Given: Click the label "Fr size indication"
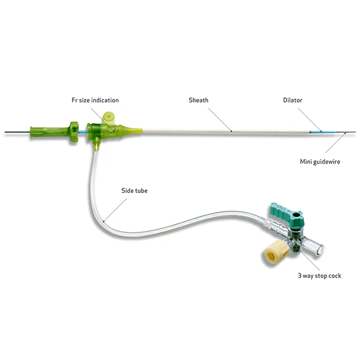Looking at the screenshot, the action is point(95,100).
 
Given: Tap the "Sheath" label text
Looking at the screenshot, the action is point(199,100).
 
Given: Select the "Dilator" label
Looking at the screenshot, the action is point(292,100).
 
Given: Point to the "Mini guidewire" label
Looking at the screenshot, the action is point(320,161).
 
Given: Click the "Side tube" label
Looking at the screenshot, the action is point(134,191).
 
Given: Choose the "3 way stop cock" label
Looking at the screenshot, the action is point(319,276).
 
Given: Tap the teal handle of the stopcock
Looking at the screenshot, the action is point(287,214).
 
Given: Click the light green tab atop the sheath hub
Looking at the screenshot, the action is point(109,118).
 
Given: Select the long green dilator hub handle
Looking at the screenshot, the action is point(55,132).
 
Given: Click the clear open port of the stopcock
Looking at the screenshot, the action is point(316,246).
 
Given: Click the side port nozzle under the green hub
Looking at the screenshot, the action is point(97,144).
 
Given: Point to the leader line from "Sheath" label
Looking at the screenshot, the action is point(220,120).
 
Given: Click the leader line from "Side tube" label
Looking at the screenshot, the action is point(115,210).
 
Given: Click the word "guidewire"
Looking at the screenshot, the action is point(326,162).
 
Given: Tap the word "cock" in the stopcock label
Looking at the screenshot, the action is point(335,276).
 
